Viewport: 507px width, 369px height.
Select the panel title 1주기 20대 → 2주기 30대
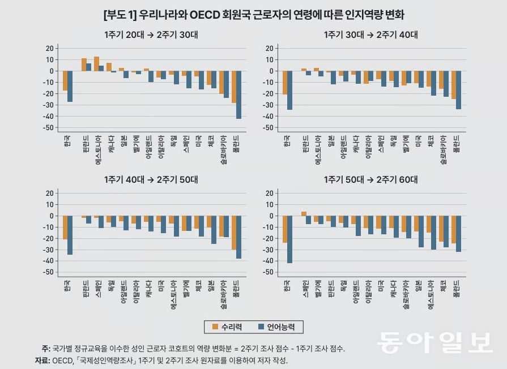coord(151,35)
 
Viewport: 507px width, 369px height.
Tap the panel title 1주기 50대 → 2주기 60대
coord(370,180)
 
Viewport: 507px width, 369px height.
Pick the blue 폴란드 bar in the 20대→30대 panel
coord(238,95)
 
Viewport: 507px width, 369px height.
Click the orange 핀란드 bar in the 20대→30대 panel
coord(84,65)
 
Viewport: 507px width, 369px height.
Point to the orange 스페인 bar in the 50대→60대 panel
coord(304,213)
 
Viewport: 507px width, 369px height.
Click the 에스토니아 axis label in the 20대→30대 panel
coord(97,149)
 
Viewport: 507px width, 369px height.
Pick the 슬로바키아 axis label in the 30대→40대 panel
coord(442,151)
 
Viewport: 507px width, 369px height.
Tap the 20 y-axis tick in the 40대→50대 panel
coord(50,193)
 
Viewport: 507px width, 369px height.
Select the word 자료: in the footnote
coord(42,360)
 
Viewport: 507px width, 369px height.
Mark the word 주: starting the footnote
coord(45,348)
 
